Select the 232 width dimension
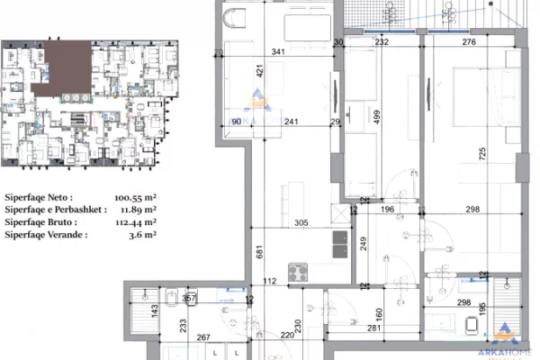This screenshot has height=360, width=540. [x=382, y=40]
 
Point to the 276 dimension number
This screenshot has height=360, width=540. [x=468, y=40]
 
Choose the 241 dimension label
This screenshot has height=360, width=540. [x=292, y=122]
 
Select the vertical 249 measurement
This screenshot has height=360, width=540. [x=362, y=241]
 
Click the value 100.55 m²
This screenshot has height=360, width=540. [x=130, y=195]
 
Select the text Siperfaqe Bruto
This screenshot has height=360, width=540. [x=38, y=221]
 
